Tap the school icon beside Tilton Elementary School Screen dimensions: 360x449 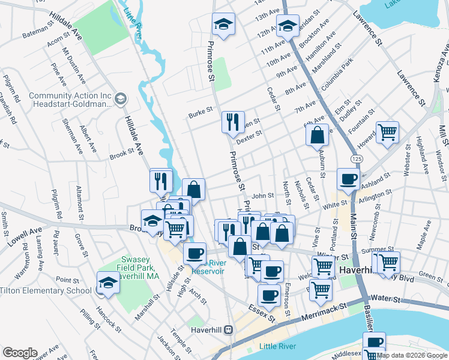tap(108, 282)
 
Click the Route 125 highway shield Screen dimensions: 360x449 tap(357, 158)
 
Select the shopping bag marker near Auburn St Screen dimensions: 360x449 tap(318, 134)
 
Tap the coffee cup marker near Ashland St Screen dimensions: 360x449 tap(348, 178)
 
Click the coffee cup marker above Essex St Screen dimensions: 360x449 tap(268, 295)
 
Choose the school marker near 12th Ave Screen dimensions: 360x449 tap(288, 26)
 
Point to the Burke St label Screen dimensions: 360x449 tap(201, 110)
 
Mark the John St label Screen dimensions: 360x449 tap(262, 196)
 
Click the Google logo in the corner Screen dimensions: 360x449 tap(20, 353)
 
